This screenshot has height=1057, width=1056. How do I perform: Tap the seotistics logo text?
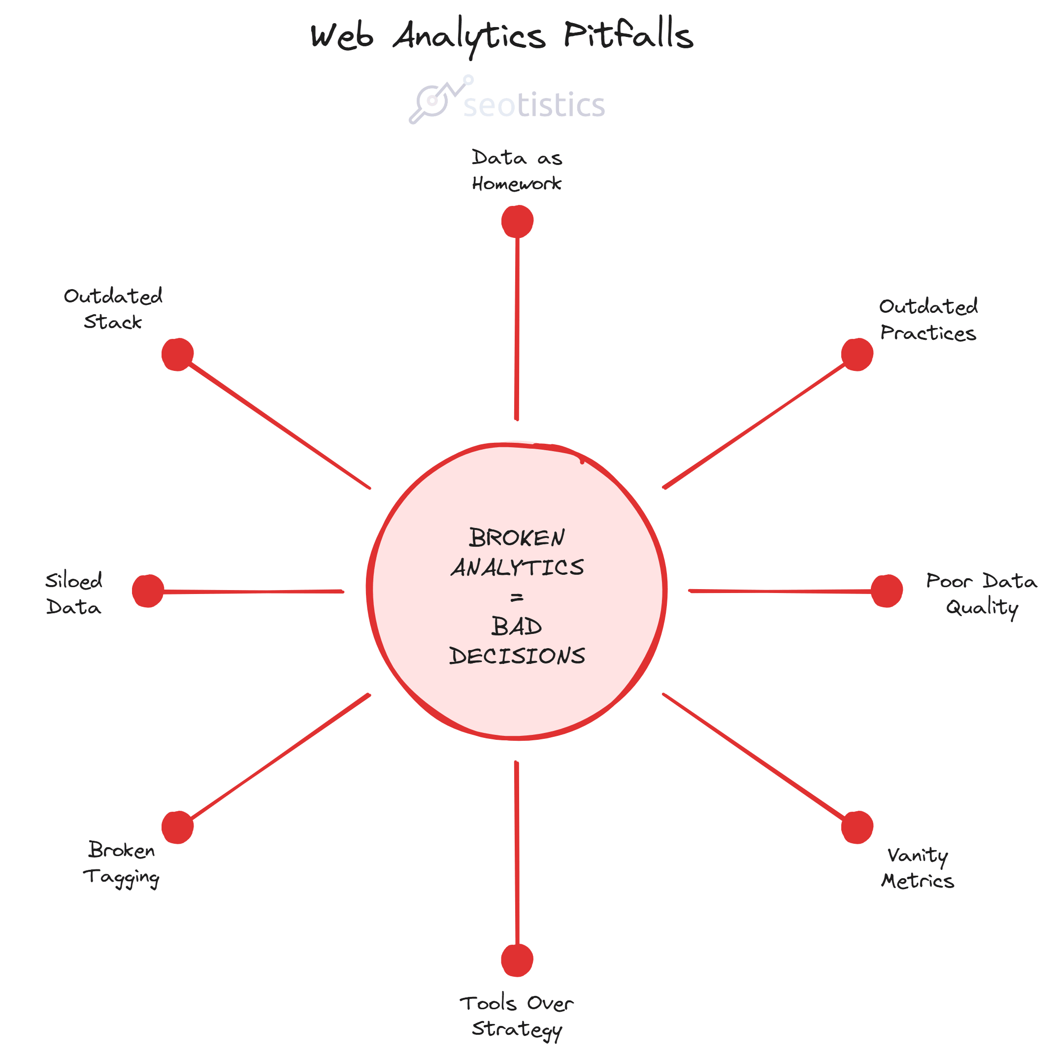point(534,105)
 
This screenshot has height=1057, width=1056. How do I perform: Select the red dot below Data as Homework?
point(517,222)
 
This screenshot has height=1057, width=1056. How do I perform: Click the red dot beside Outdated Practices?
point(857,355)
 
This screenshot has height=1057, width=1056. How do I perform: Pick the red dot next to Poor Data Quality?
point(887,591)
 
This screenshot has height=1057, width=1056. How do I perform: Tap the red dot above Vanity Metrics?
point(857,827)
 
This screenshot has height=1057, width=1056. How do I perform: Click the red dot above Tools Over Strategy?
point(517,960)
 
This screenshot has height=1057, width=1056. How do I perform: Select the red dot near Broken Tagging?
point(177,827)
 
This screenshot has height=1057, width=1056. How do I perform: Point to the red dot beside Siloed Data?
point(148,591)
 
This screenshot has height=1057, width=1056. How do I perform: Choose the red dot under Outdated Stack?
point(177,355)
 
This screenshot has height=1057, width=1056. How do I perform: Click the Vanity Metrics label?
point(918,868)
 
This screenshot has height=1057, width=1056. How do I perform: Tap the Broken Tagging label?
point(121,863)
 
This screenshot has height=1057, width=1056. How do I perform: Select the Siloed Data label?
point(74,594)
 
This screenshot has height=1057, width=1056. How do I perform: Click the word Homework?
point(517,184)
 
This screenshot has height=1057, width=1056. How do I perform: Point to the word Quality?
point(982,607)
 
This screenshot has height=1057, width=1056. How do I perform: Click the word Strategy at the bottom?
point(517,1029)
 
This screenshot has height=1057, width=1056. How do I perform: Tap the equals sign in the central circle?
point(517,598)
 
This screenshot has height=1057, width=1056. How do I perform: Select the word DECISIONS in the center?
point(517,656)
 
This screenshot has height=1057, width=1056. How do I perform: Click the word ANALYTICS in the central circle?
point(517,568)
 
